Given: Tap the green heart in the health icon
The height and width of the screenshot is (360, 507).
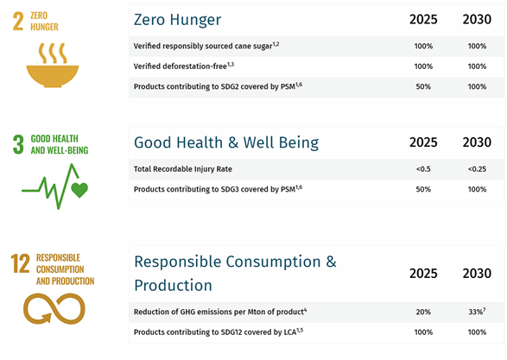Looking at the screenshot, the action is pyautogui.click(x=79, y=190).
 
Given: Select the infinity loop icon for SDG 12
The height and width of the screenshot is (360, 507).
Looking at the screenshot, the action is pyautogui.click(x=54, y=308).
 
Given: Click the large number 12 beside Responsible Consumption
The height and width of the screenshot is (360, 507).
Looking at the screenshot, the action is pyautogui.click(x=20, y=263).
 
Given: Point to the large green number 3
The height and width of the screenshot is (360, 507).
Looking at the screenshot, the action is pyautogui.click(x=18, y=144).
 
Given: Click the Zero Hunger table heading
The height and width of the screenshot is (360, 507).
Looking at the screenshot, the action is pyautogui.click(x=178, y=19).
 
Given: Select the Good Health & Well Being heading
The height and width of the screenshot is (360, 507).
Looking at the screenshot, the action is pyautogui.click(x=226, y=142).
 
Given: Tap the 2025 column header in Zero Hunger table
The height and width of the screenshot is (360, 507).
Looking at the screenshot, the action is pyautogui.click(x=423, y=19).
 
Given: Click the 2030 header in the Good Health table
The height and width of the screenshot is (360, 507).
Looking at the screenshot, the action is pyautogui.click(x=477, y=142).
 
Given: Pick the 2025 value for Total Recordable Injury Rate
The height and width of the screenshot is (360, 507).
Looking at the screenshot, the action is pyautogui.click(x=423, y=169).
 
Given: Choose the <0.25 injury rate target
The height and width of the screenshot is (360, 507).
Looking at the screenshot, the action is pyautogui.click(x=477, y=169).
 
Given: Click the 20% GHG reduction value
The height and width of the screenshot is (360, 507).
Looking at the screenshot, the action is pyautogui.click(x=423, y=312).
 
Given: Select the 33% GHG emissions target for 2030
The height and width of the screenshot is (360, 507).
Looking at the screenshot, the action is pyautogui.click(x=477, y=312).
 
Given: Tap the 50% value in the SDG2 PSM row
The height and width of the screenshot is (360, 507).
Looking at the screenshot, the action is pyautogui.click(x=423, y=86).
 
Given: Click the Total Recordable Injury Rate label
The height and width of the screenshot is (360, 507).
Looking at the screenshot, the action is pyautogui.click(x=183, y=169).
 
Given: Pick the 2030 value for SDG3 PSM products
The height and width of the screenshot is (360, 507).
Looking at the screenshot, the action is pyautogui.click(x=477, y=189).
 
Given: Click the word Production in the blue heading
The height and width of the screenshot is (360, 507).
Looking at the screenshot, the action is pyautogui.click(x=173, y=286).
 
